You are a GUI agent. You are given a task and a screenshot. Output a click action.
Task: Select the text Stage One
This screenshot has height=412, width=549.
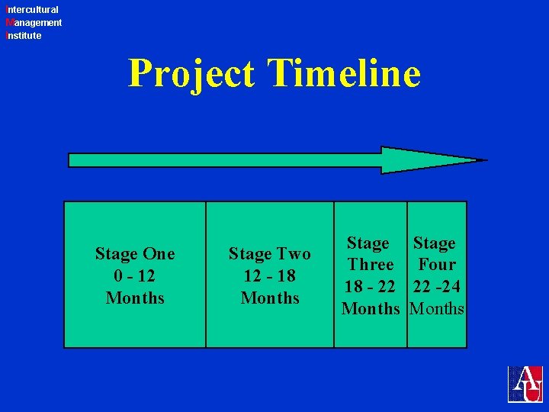click(x=135, y=254)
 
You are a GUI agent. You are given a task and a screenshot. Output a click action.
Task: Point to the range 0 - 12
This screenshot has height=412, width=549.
click(x=135, y=275)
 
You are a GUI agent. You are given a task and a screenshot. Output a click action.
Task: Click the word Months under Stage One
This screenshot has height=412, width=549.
click(x=135, y=298)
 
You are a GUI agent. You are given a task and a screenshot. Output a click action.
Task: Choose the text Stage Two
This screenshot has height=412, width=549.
click(x=270, y=254)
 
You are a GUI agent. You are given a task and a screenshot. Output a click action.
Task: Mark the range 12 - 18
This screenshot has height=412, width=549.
click(x=270, y=275)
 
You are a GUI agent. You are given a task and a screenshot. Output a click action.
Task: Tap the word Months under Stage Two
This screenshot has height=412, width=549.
click(x=270, y=298)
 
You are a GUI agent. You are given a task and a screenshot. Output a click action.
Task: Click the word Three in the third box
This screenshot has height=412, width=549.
click(x=371, y=265)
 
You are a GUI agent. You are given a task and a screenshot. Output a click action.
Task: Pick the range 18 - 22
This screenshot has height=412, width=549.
click(x=371, y=287)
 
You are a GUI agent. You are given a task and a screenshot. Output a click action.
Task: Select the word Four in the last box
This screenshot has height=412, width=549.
click(x=437, y=265)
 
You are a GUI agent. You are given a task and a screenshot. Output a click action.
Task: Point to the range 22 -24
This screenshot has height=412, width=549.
click(x=437, y=287)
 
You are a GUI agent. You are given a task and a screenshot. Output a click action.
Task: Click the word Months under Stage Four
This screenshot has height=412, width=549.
click(x=437, y=309)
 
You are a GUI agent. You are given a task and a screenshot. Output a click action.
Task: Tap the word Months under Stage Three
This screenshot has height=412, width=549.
click(x=371, y=309)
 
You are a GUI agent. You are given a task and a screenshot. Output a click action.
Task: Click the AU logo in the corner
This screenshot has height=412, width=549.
click(x=526, y=384)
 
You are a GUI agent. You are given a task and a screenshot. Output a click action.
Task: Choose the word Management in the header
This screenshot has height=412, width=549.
click(x=34, y=23)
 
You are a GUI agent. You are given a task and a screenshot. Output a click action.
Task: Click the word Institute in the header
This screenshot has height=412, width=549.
click(x=24, y=36)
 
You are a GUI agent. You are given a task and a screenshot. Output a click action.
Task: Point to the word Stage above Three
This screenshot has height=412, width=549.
click(x=368, y=243)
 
